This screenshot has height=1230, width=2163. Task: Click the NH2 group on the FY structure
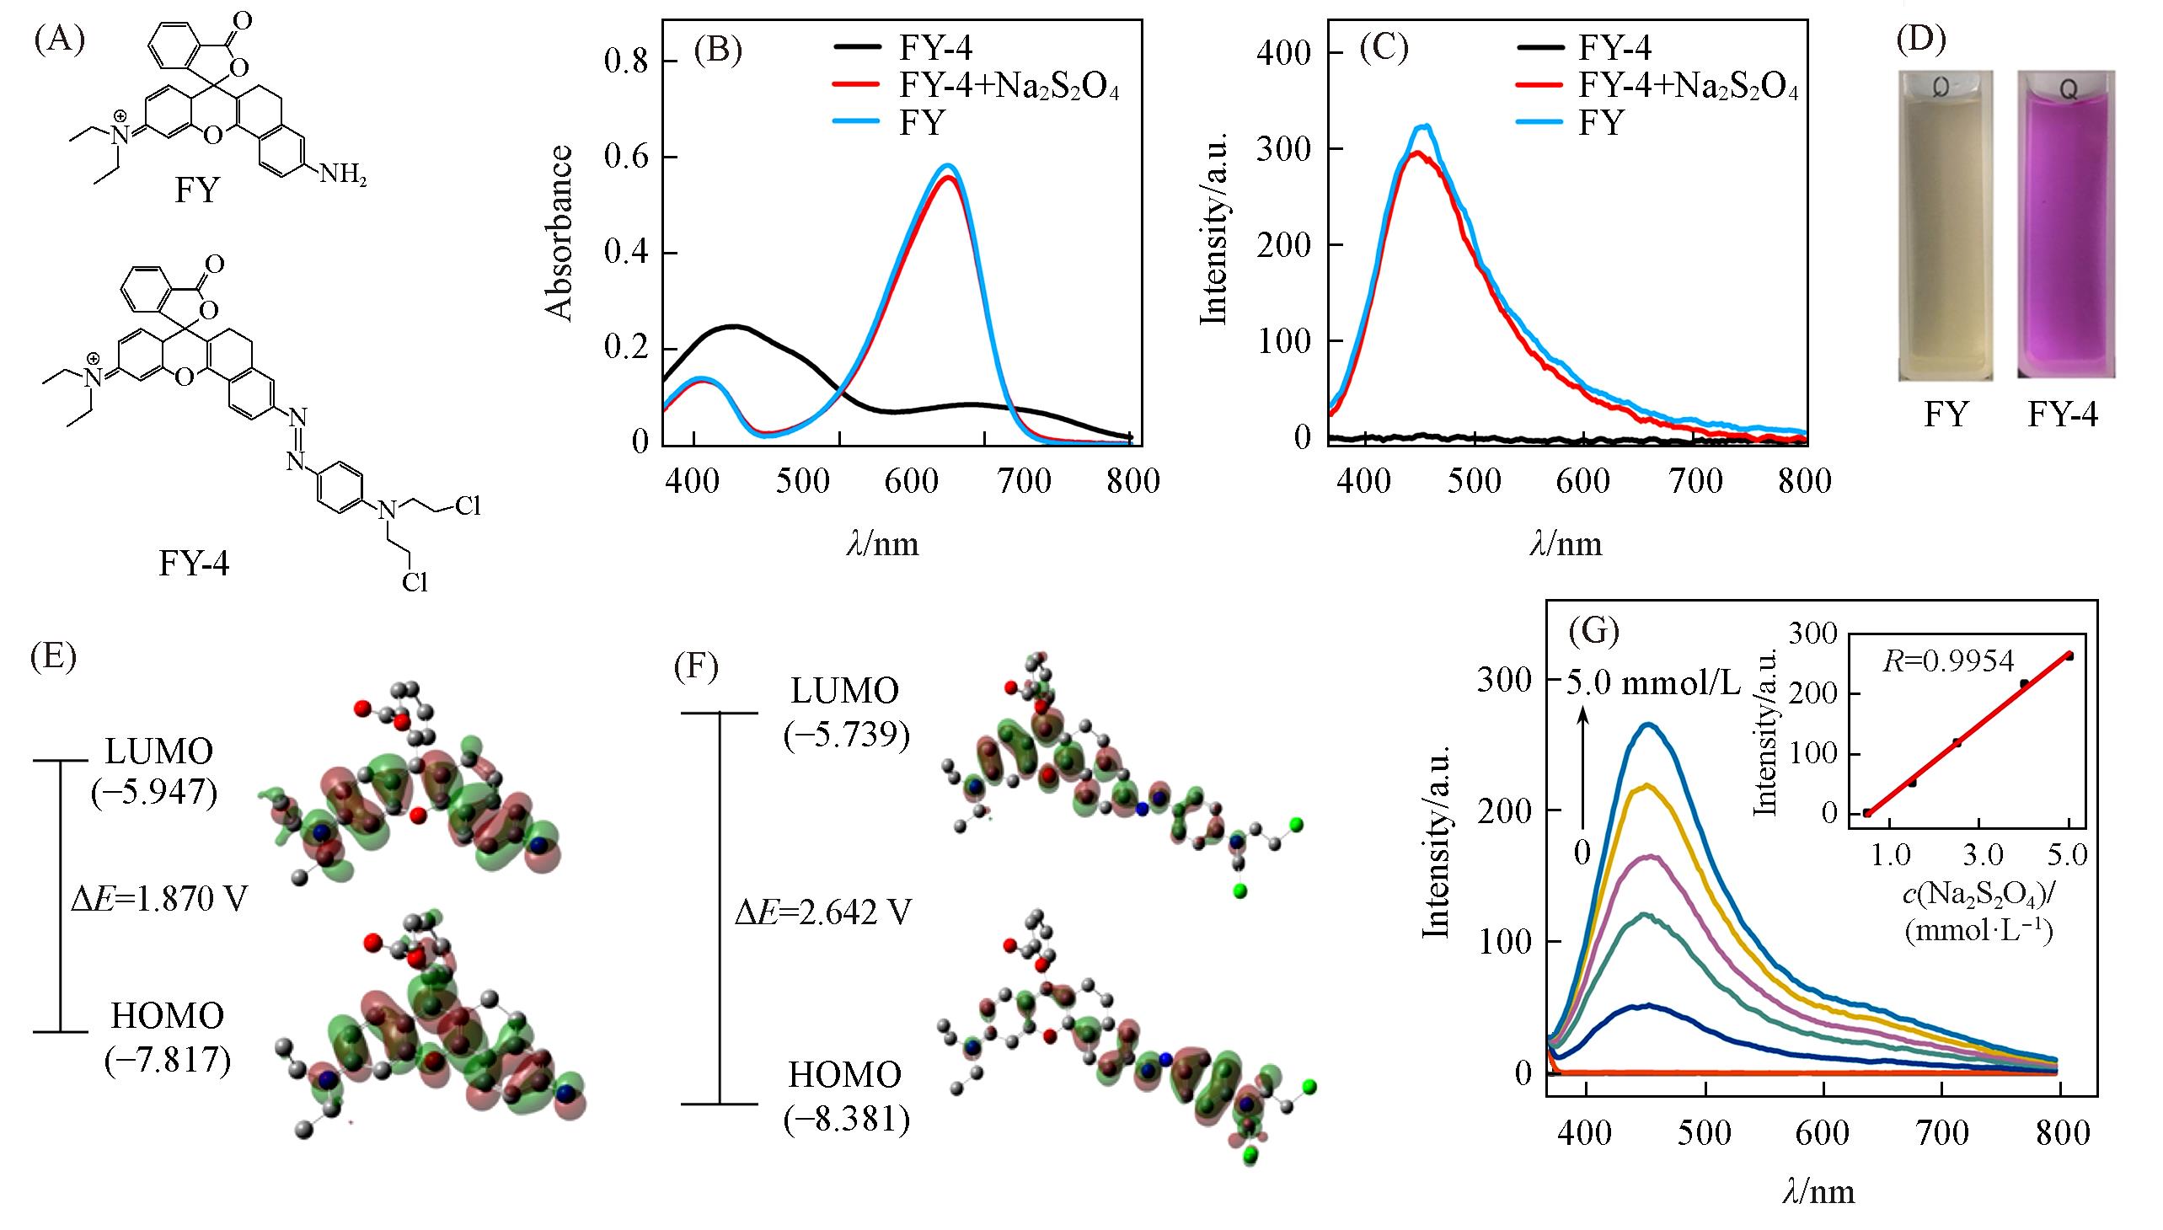pyautogui.click(x=341, y=176)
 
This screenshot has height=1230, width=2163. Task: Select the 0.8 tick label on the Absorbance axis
pyautogui.click(x=626, y=61)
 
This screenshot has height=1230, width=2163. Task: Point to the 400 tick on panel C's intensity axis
pyautogui.click(x=1283, y=53)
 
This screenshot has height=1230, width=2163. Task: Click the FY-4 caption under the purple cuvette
pyautogui.click(x=2063, y=414)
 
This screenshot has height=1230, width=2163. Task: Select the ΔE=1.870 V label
pyautogui.click(x=160, y=899)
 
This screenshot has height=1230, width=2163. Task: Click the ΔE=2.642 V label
pyautogui.click(x=823, y=912)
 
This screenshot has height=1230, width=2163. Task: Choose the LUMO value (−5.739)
pyautogui.click(x=846, y=735)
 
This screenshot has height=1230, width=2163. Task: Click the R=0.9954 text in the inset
pyautogui.click(x=1947, y=660)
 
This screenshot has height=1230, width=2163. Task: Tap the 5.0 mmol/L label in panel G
pyautogui.click(x=1652, y=681)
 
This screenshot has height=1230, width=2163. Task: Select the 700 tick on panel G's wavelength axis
pyautogui.click(x=1943, y=1132)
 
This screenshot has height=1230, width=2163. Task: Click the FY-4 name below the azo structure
pyautogui.click(x=194, y=563)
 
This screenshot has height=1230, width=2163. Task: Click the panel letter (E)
pyautogui.click(x=52, y=656)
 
